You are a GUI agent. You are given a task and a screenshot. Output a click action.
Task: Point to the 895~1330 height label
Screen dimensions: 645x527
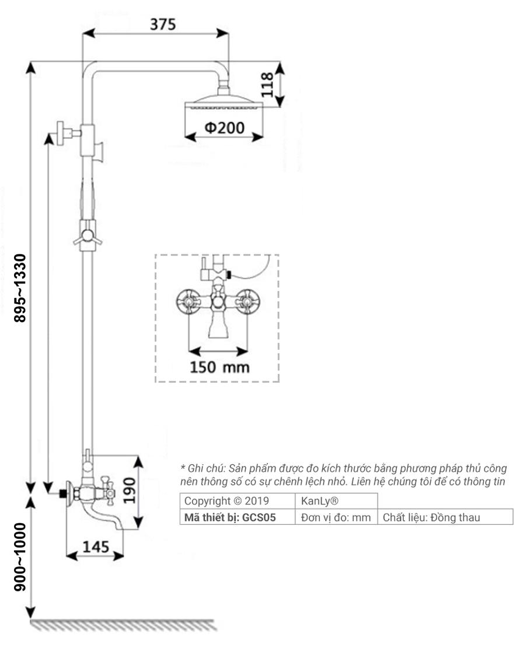(x=21, y=289)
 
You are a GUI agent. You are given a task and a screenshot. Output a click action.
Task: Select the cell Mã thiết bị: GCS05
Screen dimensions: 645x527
(x=238, y=516)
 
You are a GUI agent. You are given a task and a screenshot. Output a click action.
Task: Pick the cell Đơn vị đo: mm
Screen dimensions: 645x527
(x=336, y=516)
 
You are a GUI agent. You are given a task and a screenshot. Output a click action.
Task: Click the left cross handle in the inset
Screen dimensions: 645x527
(x=189, y=302)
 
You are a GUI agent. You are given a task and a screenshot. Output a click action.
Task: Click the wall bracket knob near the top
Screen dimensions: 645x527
(x=61, y=134)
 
